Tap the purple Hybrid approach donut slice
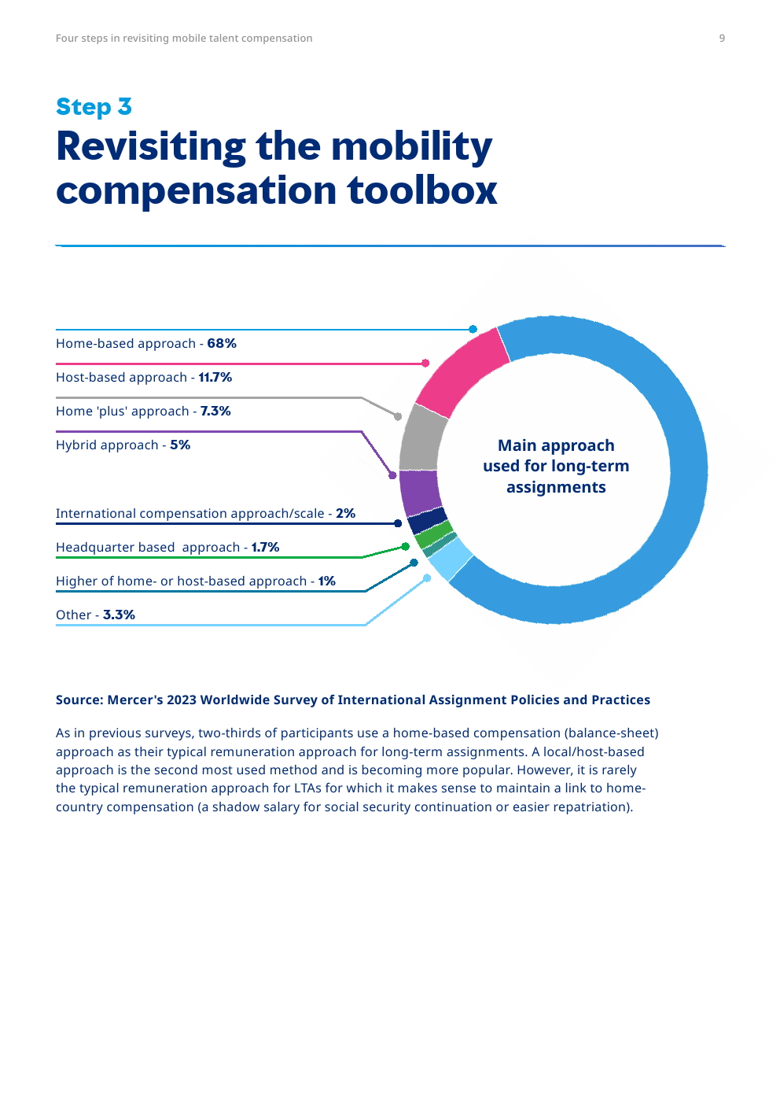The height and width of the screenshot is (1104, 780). (420, 492)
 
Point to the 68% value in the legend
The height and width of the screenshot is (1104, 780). (222, 344)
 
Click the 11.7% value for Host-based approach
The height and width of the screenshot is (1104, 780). (215, 378)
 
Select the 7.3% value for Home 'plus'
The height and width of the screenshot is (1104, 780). (215, 412)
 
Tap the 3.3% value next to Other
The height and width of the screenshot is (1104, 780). (119, 615)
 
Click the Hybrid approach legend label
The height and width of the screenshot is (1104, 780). (107, 445)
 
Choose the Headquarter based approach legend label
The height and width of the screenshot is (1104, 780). (147, 548)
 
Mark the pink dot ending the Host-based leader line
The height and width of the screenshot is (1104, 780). (425, 364)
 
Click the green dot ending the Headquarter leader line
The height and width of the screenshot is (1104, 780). (406, 546)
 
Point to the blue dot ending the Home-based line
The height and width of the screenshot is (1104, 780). (473, 330)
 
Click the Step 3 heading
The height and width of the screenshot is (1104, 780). (94, 107)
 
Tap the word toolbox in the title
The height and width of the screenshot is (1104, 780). (422, 191)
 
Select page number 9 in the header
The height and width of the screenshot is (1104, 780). (722, 39)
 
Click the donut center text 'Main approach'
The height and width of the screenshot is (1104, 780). (556, 446)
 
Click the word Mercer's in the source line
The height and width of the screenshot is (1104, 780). (134, 700)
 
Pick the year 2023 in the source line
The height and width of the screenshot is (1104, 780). (181, 700)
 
